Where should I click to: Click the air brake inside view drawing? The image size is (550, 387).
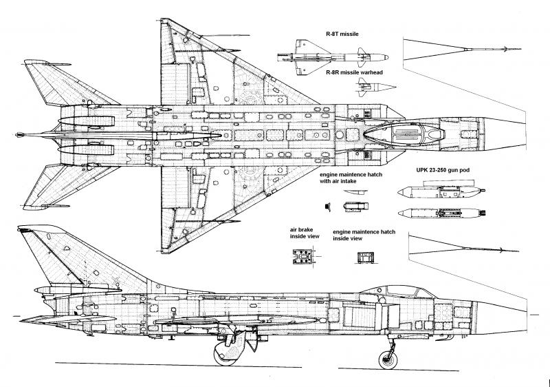pos(302,257)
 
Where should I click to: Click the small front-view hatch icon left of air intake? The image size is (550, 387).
pos(328,205)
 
